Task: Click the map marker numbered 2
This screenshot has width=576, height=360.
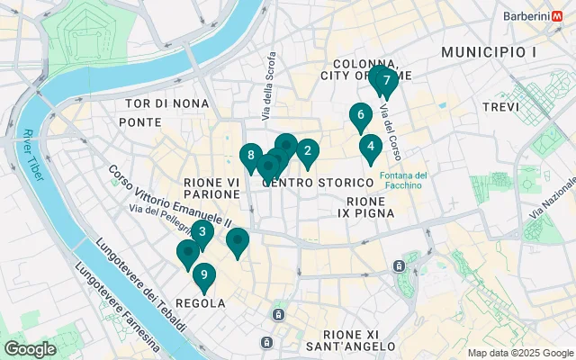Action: pos(308,151)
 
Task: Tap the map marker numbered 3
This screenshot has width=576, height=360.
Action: pos(202,233)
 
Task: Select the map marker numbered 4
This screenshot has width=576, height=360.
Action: pos(370,146)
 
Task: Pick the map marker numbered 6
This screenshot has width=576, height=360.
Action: pos(360,115)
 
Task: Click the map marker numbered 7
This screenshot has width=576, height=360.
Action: pos(386,81)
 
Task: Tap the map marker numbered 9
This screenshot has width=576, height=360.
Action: pos(204,275)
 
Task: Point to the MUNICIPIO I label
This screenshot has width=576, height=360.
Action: pos(489,53)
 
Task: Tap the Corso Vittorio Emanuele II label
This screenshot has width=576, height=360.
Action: pos(169,195)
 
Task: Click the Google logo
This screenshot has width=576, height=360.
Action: pos(30,349)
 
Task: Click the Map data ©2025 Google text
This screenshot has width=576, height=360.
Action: pos(520,353)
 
